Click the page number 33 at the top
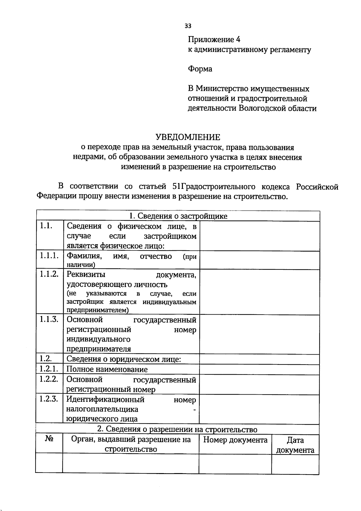tap(188, 26)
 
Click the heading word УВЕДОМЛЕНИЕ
tap(188, 137)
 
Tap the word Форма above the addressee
tap(200, 69)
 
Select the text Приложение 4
tap(214, 39)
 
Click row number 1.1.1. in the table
tap(49, 256)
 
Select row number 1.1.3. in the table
tap(49, 319)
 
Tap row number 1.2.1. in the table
tap(49, 369)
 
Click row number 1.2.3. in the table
tap(49, 399)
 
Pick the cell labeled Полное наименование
tap(107, 369)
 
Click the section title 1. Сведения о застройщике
tap(178, 216)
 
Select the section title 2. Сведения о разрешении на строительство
tap(177, 429)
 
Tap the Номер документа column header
tap(235, 440)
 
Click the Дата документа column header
tap(295, 445)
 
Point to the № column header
tap(49, 439)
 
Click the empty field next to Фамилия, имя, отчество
tap(259, 260)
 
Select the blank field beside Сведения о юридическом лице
tap(259, 359)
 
